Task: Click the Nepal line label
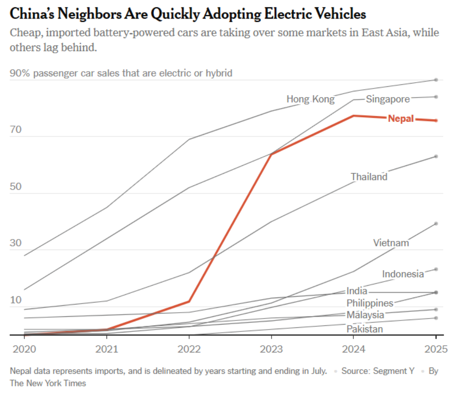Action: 401,119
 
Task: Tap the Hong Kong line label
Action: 310,99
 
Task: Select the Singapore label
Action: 388,99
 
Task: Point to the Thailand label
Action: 369,177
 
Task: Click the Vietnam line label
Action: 391,243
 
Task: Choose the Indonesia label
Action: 403,274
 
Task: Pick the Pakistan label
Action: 365,329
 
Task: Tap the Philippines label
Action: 370,303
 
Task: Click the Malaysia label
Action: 365,315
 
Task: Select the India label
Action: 356,291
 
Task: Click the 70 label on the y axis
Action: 16,131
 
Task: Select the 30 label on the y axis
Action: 16,243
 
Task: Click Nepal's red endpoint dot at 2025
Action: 436,120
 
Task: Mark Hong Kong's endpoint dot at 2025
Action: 436,80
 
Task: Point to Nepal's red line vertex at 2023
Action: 271,154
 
